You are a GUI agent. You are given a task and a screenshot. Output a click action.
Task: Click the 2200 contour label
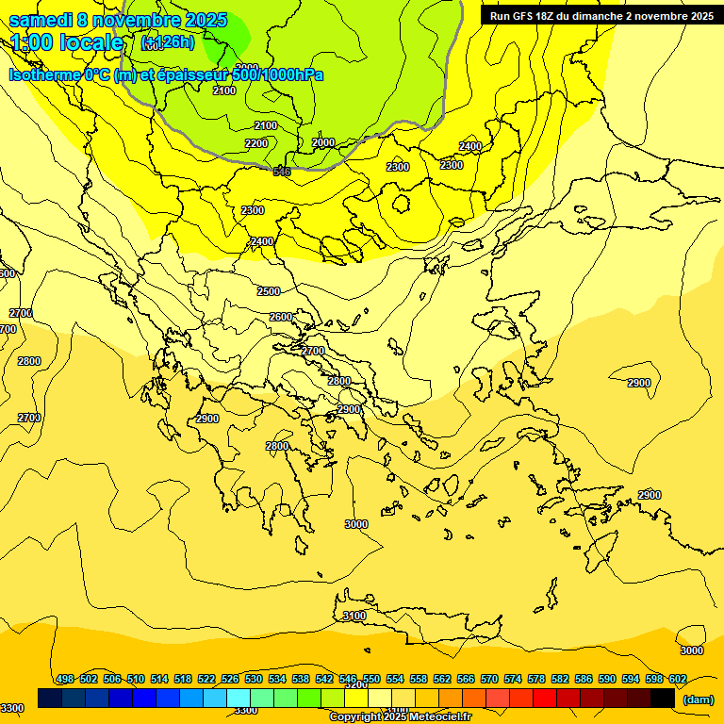[x=256, y=143]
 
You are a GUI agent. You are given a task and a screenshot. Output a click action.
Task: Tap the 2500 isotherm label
[x=269, y=291]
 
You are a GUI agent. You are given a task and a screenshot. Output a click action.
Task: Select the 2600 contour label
[x=281, y=317]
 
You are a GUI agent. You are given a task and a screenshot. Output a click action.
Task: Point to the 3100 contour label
[x=354, y=616]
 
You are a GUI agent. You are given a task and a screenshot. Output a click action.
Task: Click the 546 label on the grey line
[x=282, y=172]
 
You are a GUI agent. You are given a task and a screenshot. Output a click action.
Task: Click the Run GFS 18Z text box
[x=601, y=15]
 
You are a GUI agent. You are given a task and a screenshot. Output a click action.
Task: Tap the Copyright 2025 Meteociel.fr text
[x=401, y=716]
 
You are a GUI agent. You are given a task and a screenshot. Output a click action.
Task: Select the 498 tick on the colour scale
[x=65, y=679]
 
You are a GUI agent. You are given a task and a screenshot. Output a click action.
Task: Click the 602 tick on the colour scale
[x=678, y=679]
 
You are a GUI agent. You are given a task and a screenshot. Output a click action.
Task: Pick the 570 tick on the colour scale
[x=489, y=679]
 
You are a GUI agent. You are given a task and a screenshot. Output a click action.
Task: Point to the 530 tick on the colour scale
[x=254, y=679]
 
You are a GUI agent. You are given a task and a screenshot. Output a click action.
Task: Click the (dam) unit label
[x=698, y=699]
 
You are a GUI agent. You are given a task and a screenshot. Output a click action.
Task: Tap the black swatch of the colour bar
[x=663, y=698]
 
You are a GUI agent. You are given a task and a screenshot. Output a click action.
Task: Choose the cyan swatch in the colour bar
[x=239, y=698]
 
